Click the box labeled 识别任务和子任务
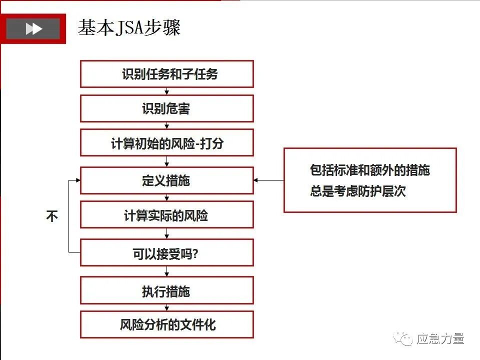(167, 74)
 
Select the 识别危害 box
(167, 108)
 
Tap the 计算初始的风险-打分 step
(167, 143)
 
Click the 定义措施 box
(167, 180)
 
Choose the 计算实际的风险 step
(167, 215)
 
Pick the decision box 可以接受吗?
(167, 253)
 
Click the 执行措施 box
(167, 291)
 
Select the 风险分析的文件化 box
(167, 325)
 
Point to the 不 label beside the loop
(52, 216)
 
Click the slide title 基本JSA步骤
(129, 28)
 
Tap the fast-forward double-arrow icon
(33, 29)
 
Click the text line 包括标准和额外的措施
(369, 170)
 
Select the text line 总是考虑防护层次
(357, 191)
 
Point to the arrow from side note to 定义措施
(269, 180)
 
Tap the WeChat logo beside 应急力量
(403, 339)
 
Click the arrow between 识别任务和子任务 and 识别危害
(167, 91)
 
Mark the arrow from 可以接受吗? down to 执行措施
(167, 271)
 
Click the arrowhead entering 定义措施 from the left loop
(77, 180)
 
